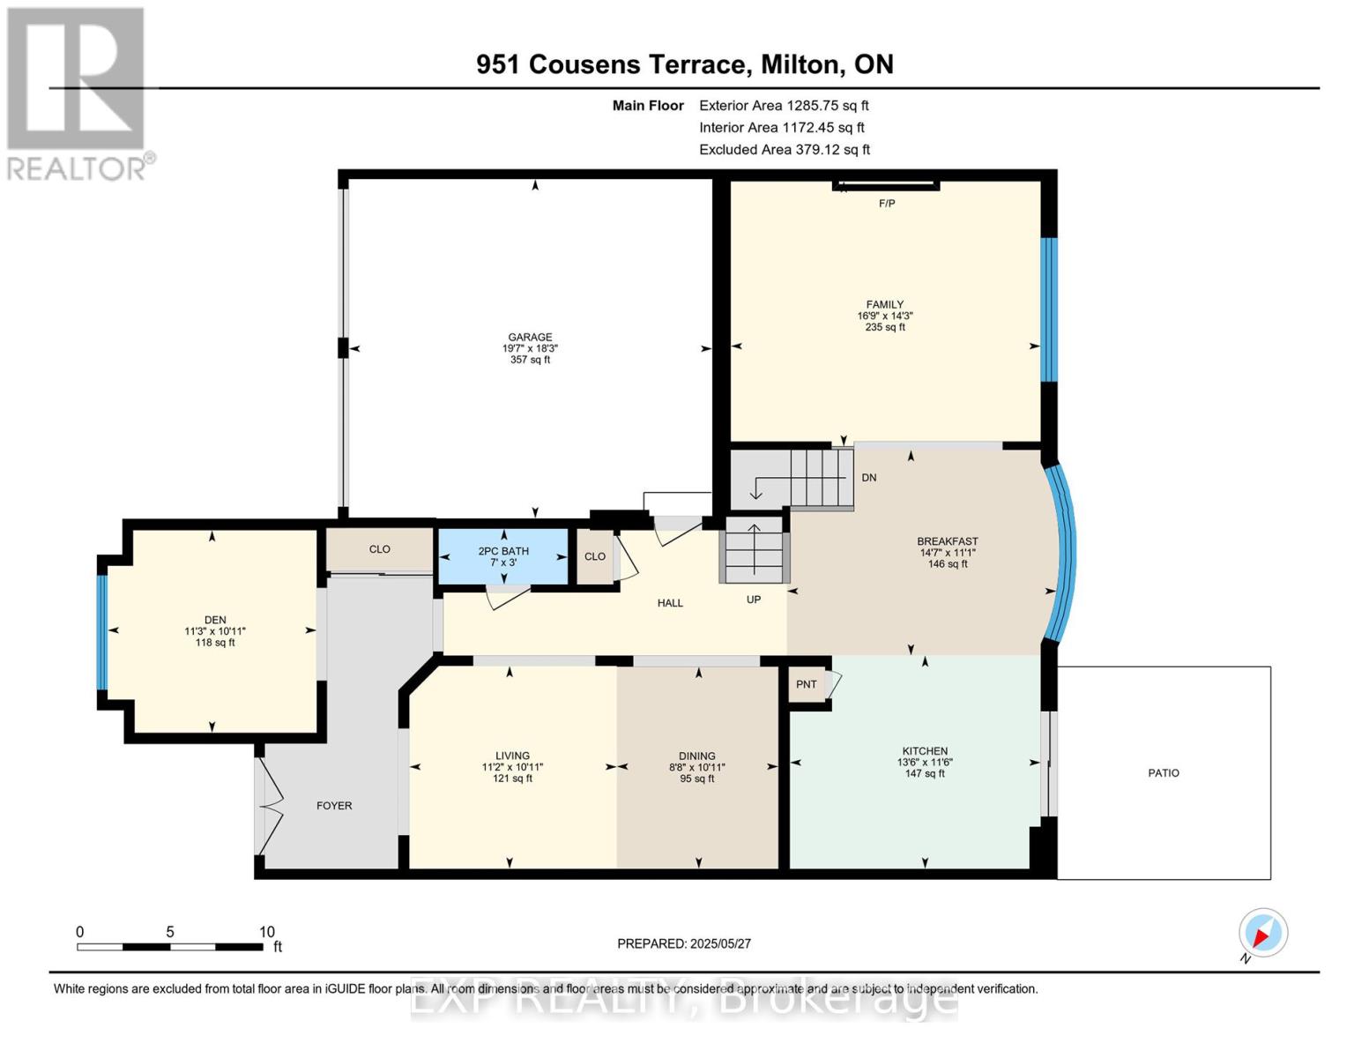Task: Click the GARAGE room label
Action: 530,337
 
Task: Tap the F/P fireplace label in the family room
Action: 887,203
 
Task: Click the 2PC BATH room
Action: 502,556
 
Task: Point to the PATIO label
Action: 1163,772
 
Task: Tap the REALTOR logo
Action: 77,94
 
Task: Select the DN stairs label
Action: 869,478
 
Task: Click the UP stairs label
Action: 754,600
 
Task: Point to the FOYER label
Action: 334,805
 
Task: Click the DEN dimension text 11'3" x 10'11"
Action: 215,630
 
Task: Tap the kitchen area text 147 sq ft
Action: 925,773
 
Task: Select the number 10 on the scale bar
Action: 266,931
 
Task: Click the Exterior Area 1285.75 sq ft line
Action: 784,105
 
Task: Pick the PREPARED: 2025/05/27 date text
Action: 684,943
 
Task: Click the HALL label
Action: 670,603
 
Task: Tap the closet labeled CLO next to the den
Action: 379,549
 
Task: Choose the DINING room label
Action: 696,756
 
